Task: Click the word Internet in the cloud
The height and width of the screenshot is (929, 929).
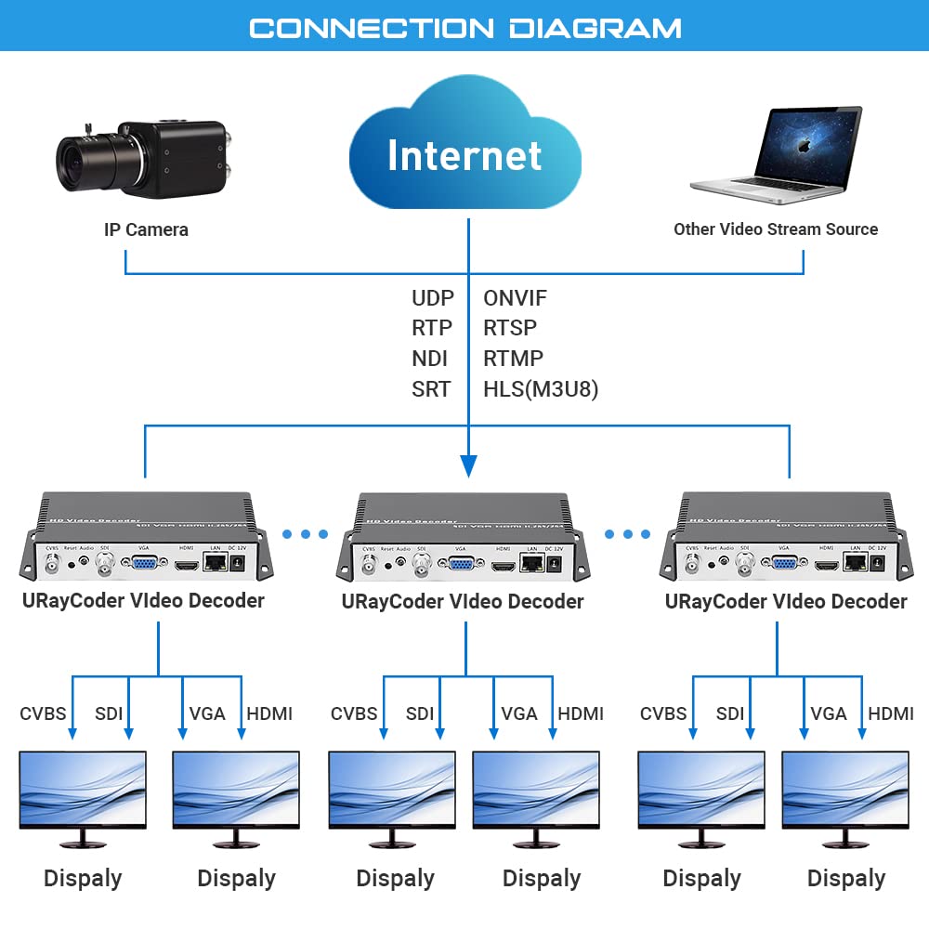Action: (x=464, y=155)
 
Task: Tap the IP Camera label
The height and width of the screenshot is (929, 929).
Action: (x=146, y=229)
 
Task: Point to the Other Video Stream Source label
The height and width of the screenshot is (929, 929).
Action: (x=776, y=229)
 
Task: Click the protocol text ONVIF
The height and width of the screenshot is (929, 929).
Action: (x=515, y=298)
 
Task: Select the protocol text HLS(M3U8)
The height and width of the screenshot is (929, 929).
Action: (x=541, y=389)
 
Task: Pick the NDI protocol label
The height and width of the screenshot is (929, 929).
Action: (x=431, y=359)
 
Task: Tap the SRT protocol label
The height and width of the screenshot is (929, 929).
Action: (x=431, y=389)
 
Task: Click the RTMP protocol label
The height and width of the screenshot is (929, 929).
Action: (x=513, y=359)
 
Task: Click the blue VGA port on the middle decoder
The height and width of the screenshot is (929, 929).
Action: (x=459, y=566)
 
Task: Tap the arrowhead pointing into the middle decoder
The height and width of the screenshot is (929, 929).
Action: (x=469, y=464)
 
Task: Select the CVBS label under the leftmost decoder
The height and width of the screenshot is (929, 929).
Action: (x=43, y=713)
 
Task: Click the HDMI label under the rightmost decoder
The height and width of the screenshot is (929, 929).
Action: (x=891, y=713)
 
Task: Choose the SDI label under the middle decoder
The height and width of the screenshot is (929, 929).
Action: (x=419, y=713)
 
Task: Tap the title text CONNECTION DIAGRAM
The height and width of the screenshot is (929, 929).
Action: (x=464, y=28)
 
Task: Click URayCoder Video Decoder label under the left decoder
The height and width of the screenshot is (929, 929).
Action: (x=143, y=600)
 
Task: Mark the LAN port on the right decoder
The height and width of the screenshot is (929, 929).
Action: (x=854, y=563)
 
